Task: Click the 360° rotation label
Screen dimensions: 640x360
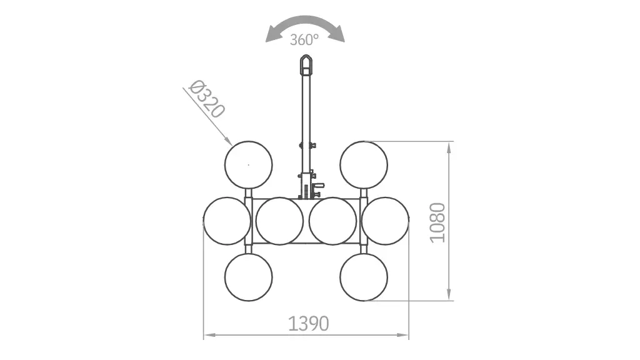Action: (x=304, y=39)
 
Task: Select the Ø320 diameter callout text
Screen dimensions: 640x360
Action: (x=207, y=99)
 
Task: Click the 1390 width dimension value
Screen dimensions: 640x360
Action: (x=308, y=324)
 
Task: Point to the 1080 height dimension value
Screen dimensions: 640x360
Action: (x=437, y=223)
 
